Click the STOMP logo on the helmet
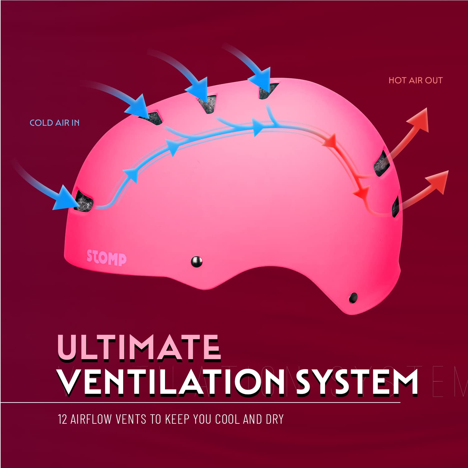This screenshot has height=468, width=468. tap(107, 257)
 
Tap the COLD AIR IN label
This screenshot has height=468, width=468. tap(55, 123)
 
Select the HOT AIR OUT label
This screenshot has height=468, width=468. tap(416, 80)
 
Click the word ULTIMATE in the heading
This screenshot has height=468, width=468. tap(139, 347)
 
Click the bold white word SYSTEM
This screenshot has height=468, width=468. tap(357, 382)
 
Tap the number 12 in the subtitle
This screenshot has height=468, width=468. tap(62, 419)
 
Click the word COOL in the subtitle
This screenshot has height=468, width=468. tap(227, 419)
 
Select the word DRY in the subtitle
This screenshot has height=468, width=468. tap(275, 419)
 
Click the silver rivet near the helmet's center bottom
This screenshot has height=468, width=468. tap(197, 261)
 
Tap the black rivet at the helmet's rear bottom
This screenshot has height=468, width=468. tap(353, 297)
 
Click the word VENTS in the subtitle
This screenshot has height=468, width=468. tap(131, 419)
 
